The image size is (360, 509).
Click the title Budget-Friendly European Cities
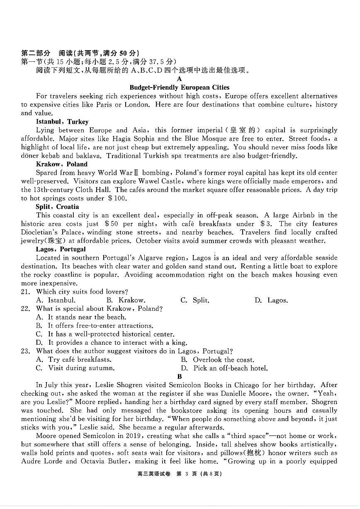[179, 88]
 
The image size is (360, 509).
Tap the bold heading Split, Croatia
[57, 207]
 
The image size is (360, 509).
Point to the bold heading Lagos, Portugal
[61, 249]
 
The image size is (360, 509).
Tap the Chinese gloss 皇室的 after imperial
[244, 130]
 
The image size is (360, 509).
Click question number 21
[26, 292]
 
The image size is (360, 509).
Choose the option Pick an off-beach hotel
[230, 368]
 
